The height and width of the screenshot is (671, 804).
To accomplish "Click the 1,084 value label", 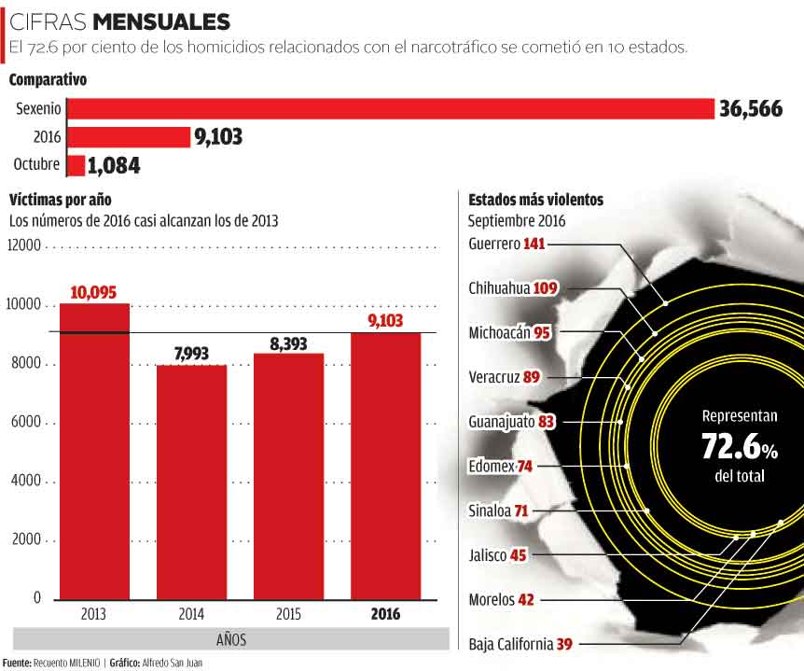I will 114,166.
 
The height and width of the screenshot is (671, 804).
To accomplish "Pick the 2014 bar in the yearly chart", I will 191,481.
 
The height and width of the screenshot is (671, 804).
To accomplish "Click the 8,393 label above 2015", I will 288,343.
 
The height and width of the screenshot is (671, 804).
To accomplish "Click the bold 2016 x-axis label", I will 385,613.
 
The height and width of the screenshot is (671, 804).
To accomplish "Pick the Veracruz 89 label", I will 505,377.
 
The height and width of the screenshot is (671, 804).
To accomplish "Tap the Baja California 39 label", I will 520,644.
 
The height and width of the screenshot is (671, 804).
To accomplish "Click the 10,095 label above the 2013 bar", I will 93,293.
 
